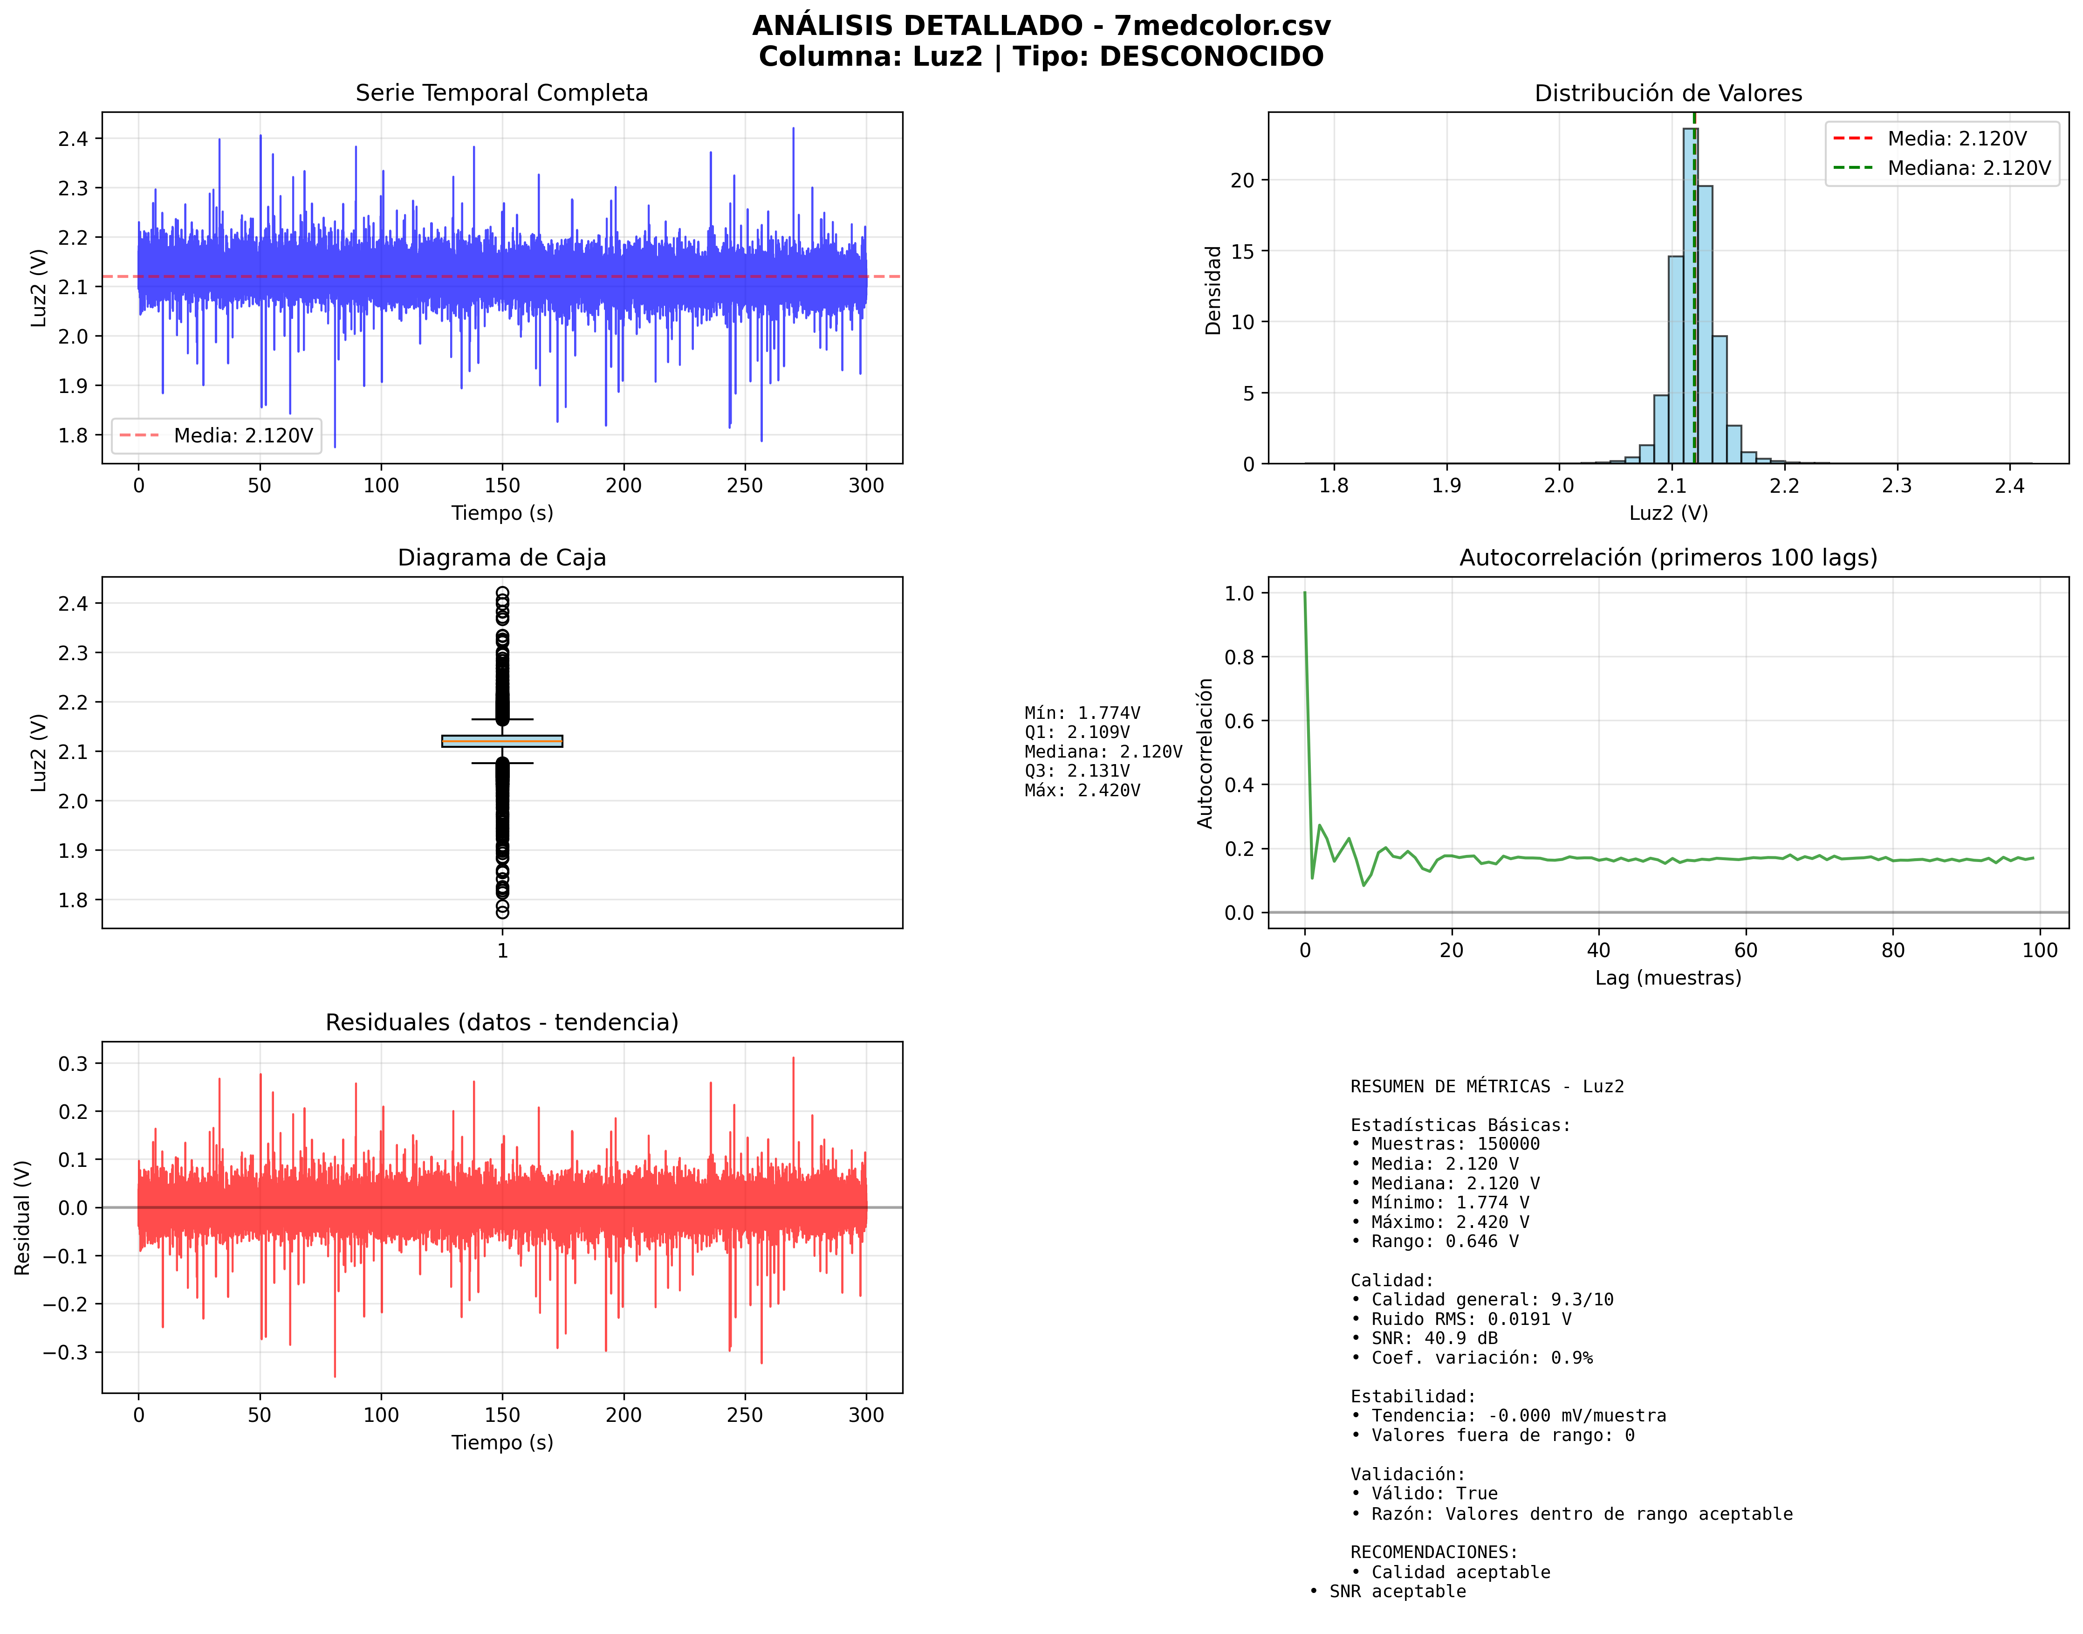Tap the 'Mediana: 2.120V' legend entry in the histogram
pyautogui.click(x=1968, y=168)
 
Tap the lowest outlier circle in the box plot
pyautogui.click(x=502, y=912)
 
